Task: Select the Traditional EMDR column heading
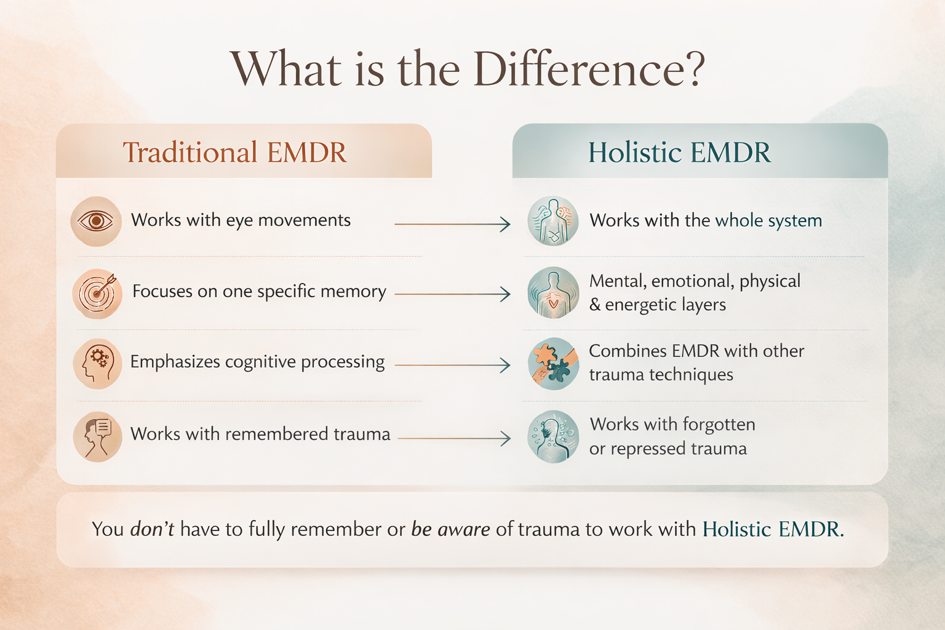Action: (234, 153)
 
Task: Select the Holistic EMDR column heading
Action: (679, 153)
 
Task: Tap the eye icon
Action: (96, 221)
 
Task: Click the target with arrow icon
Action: (97, 293)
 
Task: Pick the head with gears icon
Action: (97, 364)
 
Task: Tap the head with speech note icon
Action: (97, 436)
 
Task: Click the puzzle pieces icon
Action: (553, 364)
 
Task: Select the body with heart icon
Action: (553, 293)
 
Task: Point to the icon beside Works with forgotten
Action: (553, 437)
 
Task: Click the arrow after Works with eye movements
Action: (452, 225)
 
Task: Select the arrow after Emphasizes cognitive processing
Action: (452, 365)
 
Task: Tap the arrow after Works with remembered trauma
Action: (454, 438)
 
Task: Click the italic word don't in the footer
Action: (152, 529)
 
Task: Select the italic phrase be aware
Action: (450, 529)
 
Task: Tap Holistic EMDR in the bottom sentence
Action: (773, 529)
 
